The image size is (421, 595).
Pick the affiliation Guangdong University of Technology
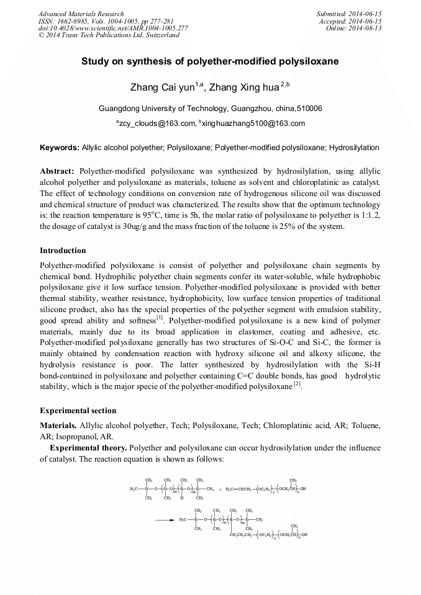(x=164, y=109)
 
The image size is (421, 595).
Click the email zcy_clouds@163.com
(x=158, y=123)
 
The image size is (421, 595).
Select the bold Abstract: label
(x=57, y=171)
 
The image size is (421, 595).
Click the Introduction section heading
(x=63, y=251)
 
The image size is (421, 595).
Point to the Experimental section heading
(x=78, y=410)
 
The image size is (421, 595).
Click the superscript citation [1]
(x=160, y=318)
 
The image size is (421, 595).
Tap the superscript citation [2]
(x=297, y=384)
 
